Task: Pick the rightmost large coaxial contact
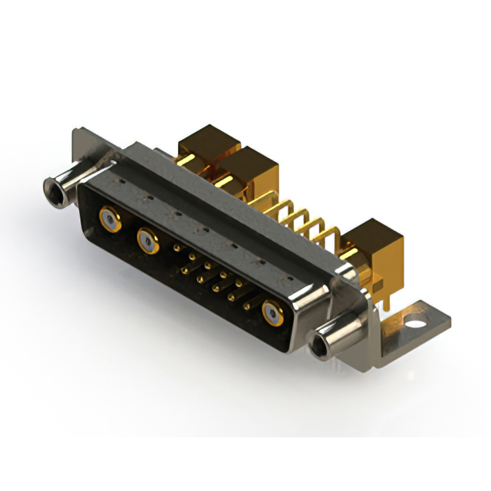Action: (273, 312)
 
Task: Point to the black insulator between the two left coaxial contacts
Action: (127, 230)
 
